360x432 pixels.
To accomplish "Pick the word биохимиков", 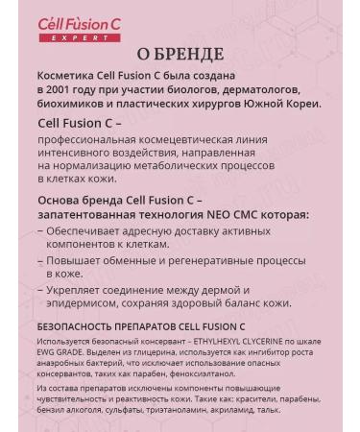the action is (75, 104).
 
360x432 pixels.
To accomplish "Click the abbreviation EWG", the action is (47, 349).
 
